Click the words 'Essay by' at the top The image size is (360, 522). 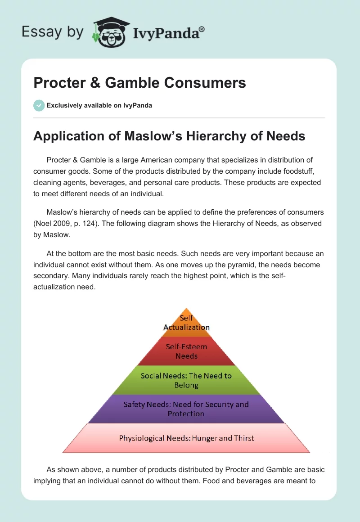(52, 31)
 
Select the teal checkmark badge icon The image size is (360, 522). (39, 105)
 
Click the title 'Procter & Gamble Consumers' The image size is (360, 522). (139, 82)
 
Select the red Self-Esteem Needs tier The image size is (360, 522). (186, 351)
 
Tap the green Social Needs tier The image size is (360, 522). (186, 380)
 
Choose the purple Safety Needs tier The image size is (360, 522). (186, 409)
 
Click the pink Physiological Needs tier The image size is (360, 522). (186, 438)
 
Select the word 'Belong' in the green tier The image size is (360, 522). (186, 385)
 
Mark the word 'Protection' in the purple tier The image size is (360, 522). (186, 414)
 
